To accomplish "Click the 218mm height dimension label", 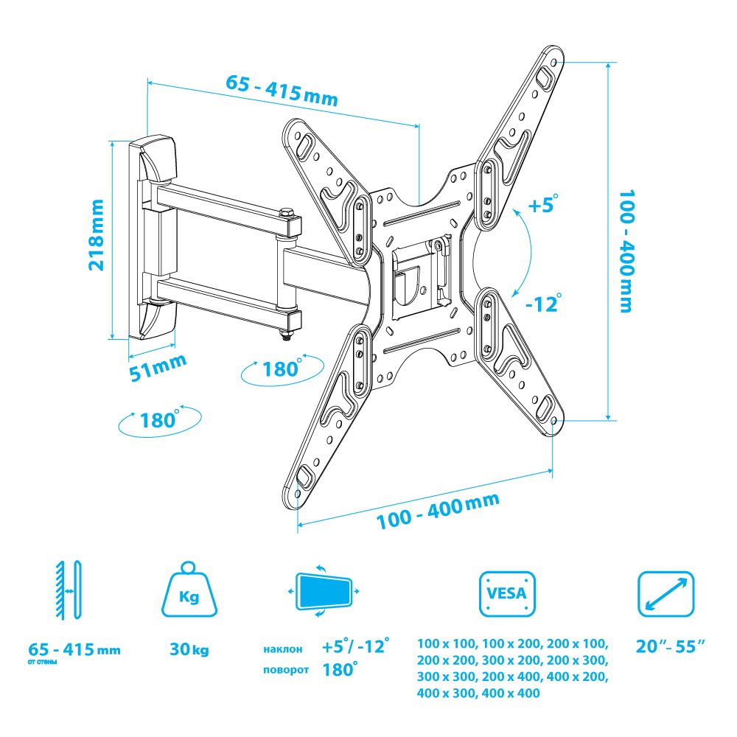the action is coord(97,234).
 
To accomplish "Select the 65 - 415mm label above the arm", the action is coord(282,90).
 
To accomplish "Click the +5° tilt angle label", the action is coord(544,204).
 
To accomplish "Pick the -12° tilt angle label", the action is coord(543,303).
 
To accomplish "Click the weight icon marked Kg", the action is coord(189,589).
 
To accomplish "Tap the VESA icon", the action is coord(507,593).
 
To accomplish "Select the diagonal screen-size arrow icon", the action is coord(666,593).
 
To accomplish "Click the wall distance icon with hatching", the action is coord(69,590).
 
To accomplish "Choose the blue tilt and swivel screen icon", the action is coord(324,591).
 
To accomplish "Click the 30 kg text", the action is coord(189,649).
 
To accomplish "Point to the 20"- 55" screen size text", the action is coord(671,646).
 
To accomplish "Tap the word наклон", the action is coord(282,649).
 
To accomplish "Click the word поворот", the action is coord(286,670).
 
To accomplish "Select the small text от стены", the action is coord(42,663).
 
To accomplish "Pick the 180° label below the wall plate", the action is coord(160,419).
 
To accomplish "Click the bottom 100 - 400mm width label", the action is coord(438,511).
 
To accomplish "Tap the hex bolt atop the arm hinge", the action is coord(286,213).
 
